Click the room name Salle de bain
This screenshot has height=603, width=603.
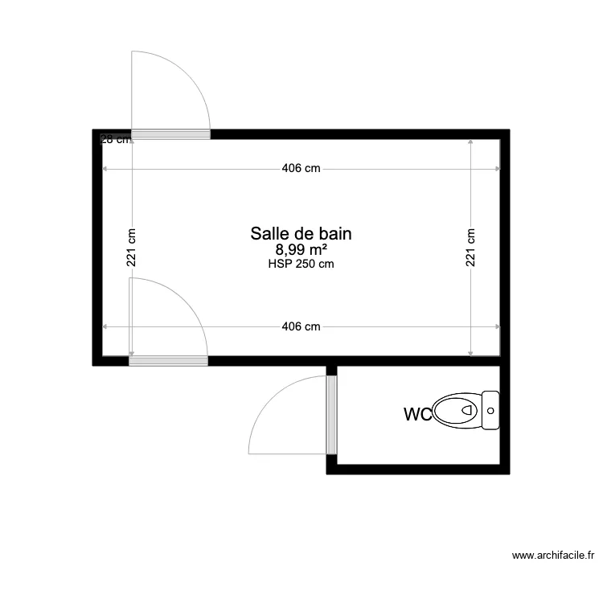301,233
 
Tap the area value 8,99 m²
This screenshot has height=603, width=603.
301,250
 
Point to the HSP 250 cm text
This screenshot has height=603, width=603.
301,264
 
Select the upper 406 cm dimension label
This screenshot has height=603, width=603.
301,169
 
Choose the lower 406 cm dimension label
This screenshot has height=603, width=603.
301,326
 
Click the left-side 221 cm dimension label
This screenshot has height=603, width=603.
131,248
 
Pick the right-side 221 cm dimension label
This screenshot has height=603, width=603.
471,248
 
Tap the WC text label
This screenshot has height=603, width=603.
417,415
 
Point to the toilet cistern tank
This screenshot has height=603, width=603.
490,410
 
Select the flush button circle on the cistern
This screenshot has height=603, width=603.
490,410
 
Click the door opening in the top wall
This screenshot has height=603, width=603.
170,134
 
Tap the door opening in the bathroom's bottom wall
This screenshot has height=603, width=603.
169,361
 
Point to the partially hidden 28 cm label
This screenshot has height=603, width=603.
113,139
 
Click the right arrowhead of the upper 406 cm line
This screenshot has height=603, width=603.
498,169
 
